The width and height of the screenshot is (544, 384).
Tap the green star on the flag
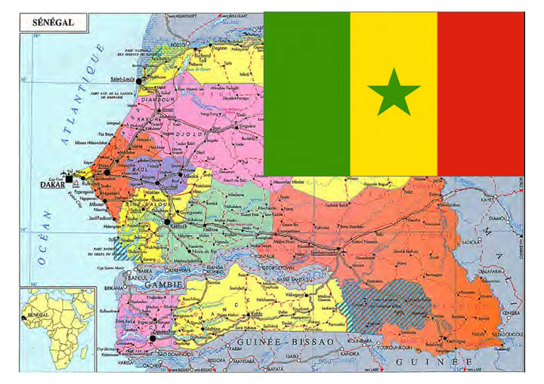coord(394,94)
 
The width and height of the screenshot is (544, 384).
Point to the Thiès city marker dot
coord(107,173)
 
